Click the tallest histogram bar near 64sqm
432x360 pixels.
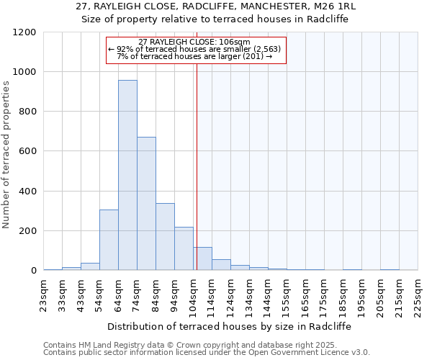[x=127, y=175]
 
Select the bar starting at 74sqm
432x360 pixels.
[x=146, y=204]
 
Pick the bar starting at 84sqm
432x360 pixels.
[x=165, y=237]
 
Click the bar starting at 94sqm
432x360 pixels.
[x=184, y=248]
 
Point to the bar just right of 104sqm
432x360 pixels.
[x=202, y=258]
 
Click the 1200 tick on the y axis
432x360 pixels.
[x=24, y=32]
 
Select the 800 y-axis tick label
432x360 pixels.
[x=27, y=112]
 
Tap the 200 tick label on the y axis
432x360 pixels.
[x=27, y=231]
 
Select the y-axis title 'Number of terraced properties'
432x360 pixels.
[x=6, y=155]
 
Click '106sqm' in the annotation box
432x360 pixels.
[x=235, y=42]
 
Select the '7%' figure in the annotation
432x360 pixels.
[x=122, y=56]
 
